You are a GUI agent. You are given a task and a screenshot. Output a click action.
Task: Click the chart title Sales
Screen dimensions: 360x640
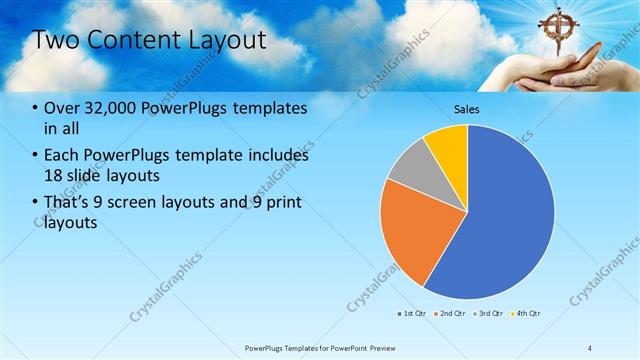click(467, 108)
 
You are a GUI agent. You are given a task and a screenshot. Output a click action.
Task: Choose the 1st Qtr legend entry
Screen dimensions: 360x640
click(412, 313)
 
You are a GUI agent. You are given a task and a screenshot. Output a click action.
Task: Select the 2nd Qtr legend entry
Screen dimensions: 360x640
click(450, 313)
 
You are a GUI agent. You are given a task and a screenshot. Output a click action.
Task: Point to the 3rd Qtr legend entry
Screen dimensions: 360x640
click(489, 313)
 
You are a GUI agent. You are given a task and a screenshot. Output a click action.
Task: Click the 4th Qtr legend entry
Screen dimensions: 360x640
click(527, 313)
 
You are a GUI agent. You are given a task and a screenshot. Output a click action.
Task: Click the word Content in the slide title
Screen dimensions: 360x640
click(130, 40)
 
